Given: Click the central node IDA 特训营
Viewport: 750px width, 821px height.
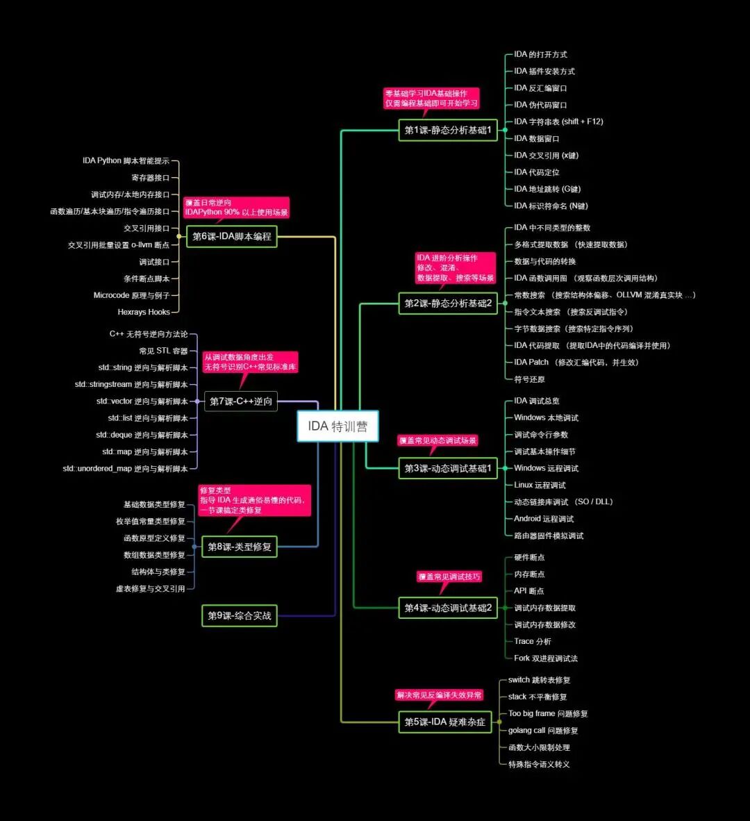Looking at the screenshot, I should [x=338, y=426].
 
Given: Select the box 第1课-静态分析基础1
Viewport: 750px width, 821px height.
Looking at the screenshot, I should [x=448, y=130].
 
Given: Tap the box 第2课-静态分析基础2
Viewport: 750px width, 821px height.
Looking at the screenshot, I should [x=448, y=304].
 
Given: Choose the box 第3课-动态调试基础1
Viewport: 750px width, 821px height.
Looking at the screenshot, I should [x=448, y=468].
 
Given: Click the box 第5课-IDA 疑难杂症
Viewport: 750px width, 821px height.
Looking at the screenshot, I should [x=445, y=722].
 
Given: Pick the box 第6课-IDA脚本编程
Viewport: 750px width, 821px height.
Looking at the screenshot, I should [x=232, y=236].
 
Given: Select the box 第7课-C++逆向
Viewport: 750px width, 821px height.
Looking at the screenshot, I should [x=241, y=401].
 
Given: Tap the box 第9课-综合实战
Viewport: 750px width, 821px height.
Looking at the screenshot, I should [x=240, y=615].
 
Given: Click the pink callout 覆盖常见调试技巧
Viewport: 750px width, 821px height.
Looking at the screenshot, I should [x=449, y=577].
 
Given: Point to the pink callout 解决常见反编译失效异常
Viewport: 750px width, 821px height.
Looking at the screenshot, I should [x=439, y=695].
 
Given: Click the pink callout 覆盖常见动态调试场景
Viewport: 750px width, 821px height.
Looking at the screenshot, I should [x=438, y=440].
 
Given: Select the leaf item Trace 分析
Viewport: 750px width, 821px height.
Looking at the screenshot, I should [x=533, y=641].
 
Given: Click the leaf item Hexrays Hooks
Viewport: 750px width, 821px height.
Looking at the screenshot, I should [x=144, y=312].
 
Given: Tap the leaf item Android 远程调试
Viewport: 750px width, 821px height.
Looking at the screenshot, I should [x=544, y=519].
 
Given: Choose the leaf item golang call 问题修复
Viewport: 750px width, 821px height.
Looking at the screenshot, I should [x=543, y=731].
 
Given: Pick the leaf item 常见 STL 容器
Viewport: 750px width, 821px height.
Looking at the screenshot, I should [x=163, y=351].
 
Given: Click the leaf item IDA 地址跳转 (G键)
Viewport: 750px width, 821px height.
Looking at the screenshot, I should [x=547, y=189].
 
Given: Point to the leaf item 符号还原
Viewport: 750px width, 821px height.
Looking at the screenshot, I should [x=529, y=379].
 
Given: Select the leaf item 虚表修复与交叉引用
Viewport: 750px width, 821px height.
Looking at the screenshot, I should [x=151, y=589].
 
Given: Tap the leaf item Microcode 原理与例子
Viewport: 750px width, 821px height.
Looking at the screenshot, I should [x=131, y=295].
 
